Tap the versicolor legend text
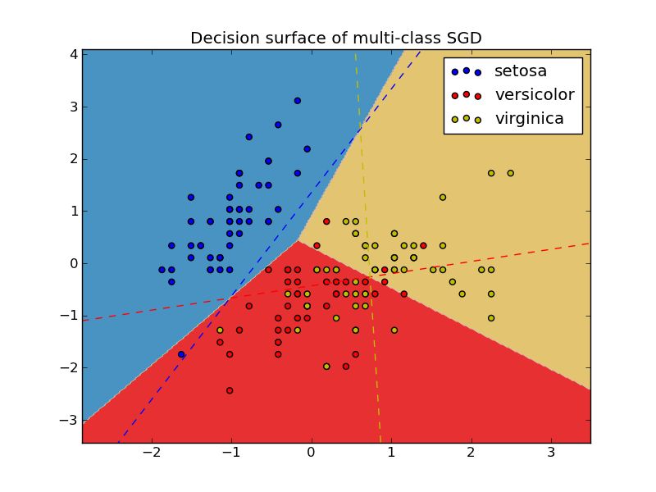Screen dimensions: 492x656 click(x=534, y=95)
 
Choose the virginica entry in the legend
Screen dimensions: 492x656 click(x=529, y=119)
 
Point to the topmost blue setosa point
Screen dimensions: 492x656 click(x=298, y=101)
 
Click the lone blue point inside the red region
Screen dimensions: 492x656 click(x=181, y=354)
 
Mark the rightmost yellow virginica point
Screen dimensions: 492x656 click(x=510, y=173)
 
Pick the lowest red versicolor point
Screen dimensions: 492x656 click(x=230, y=390)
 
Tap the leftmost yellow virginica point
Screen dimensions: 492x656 click(x=220, y=330)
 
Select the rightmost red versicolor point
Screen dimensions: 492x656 click(x=423, y=245)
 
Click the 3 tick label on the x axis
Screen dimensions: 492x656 click(x=550, y=453)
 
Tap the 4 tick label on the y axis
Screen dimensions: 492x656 click(x=74, y=54)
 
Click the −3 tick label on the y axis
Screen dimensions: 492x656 click(x=70, y=420)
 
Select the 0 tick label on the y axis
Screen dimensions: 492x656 click(x=74, y=263)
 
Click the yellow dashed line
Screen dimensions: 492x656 click(x=368, y=246)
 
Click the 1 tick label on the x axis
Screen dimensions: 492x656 click(x=391, y=453)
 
